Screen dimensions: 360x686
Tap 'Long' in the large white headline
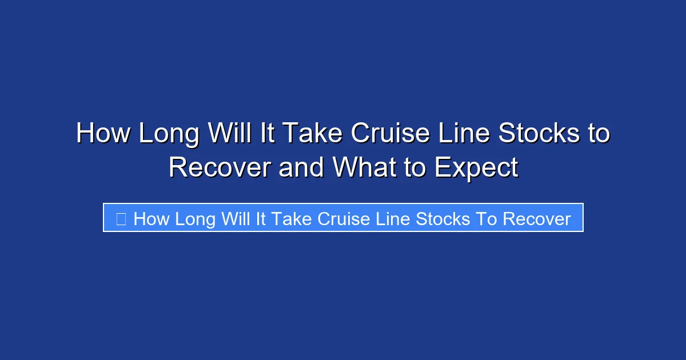pyautogui.click(x=169, y=134)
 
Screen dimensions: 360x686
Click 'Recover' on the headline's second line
pyautogui.click(x=220, y=167)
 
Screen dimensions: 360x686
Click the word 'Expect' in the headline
pyautogui.click(x=476, y=167)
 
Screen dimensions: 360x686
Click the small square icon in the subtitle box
pyautogui.click(x=121, y=219)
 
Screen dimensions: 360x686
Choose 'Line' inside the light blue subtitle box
pyautogui.click(x=393, y=219)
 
